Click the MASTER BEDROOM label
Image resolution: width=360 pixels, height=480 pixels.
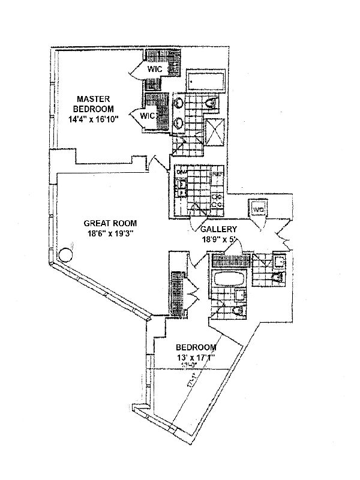tap(92, 103)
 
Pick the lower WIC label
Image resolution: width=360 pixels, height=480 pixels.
tap(148, 115)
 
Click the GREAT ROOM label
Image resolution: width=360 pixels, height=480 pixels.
tap(107, 221)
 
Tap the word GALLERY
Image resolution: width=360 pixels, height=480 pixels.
tap(219, 229)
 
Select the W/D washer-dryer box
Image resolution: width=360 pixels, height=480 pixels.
tap(259, 209)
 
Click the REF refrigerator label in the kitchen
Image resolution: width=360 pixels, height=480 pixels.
tap(218, 174)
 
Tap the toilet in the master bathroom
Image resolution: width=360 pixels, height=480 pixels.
tap(211, 106)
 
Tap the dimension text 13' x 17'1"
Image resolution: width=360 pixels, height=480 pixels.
tap(196, 359)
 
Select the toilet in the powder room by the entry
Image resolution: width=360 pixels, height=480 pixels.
tap(278, 277)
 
